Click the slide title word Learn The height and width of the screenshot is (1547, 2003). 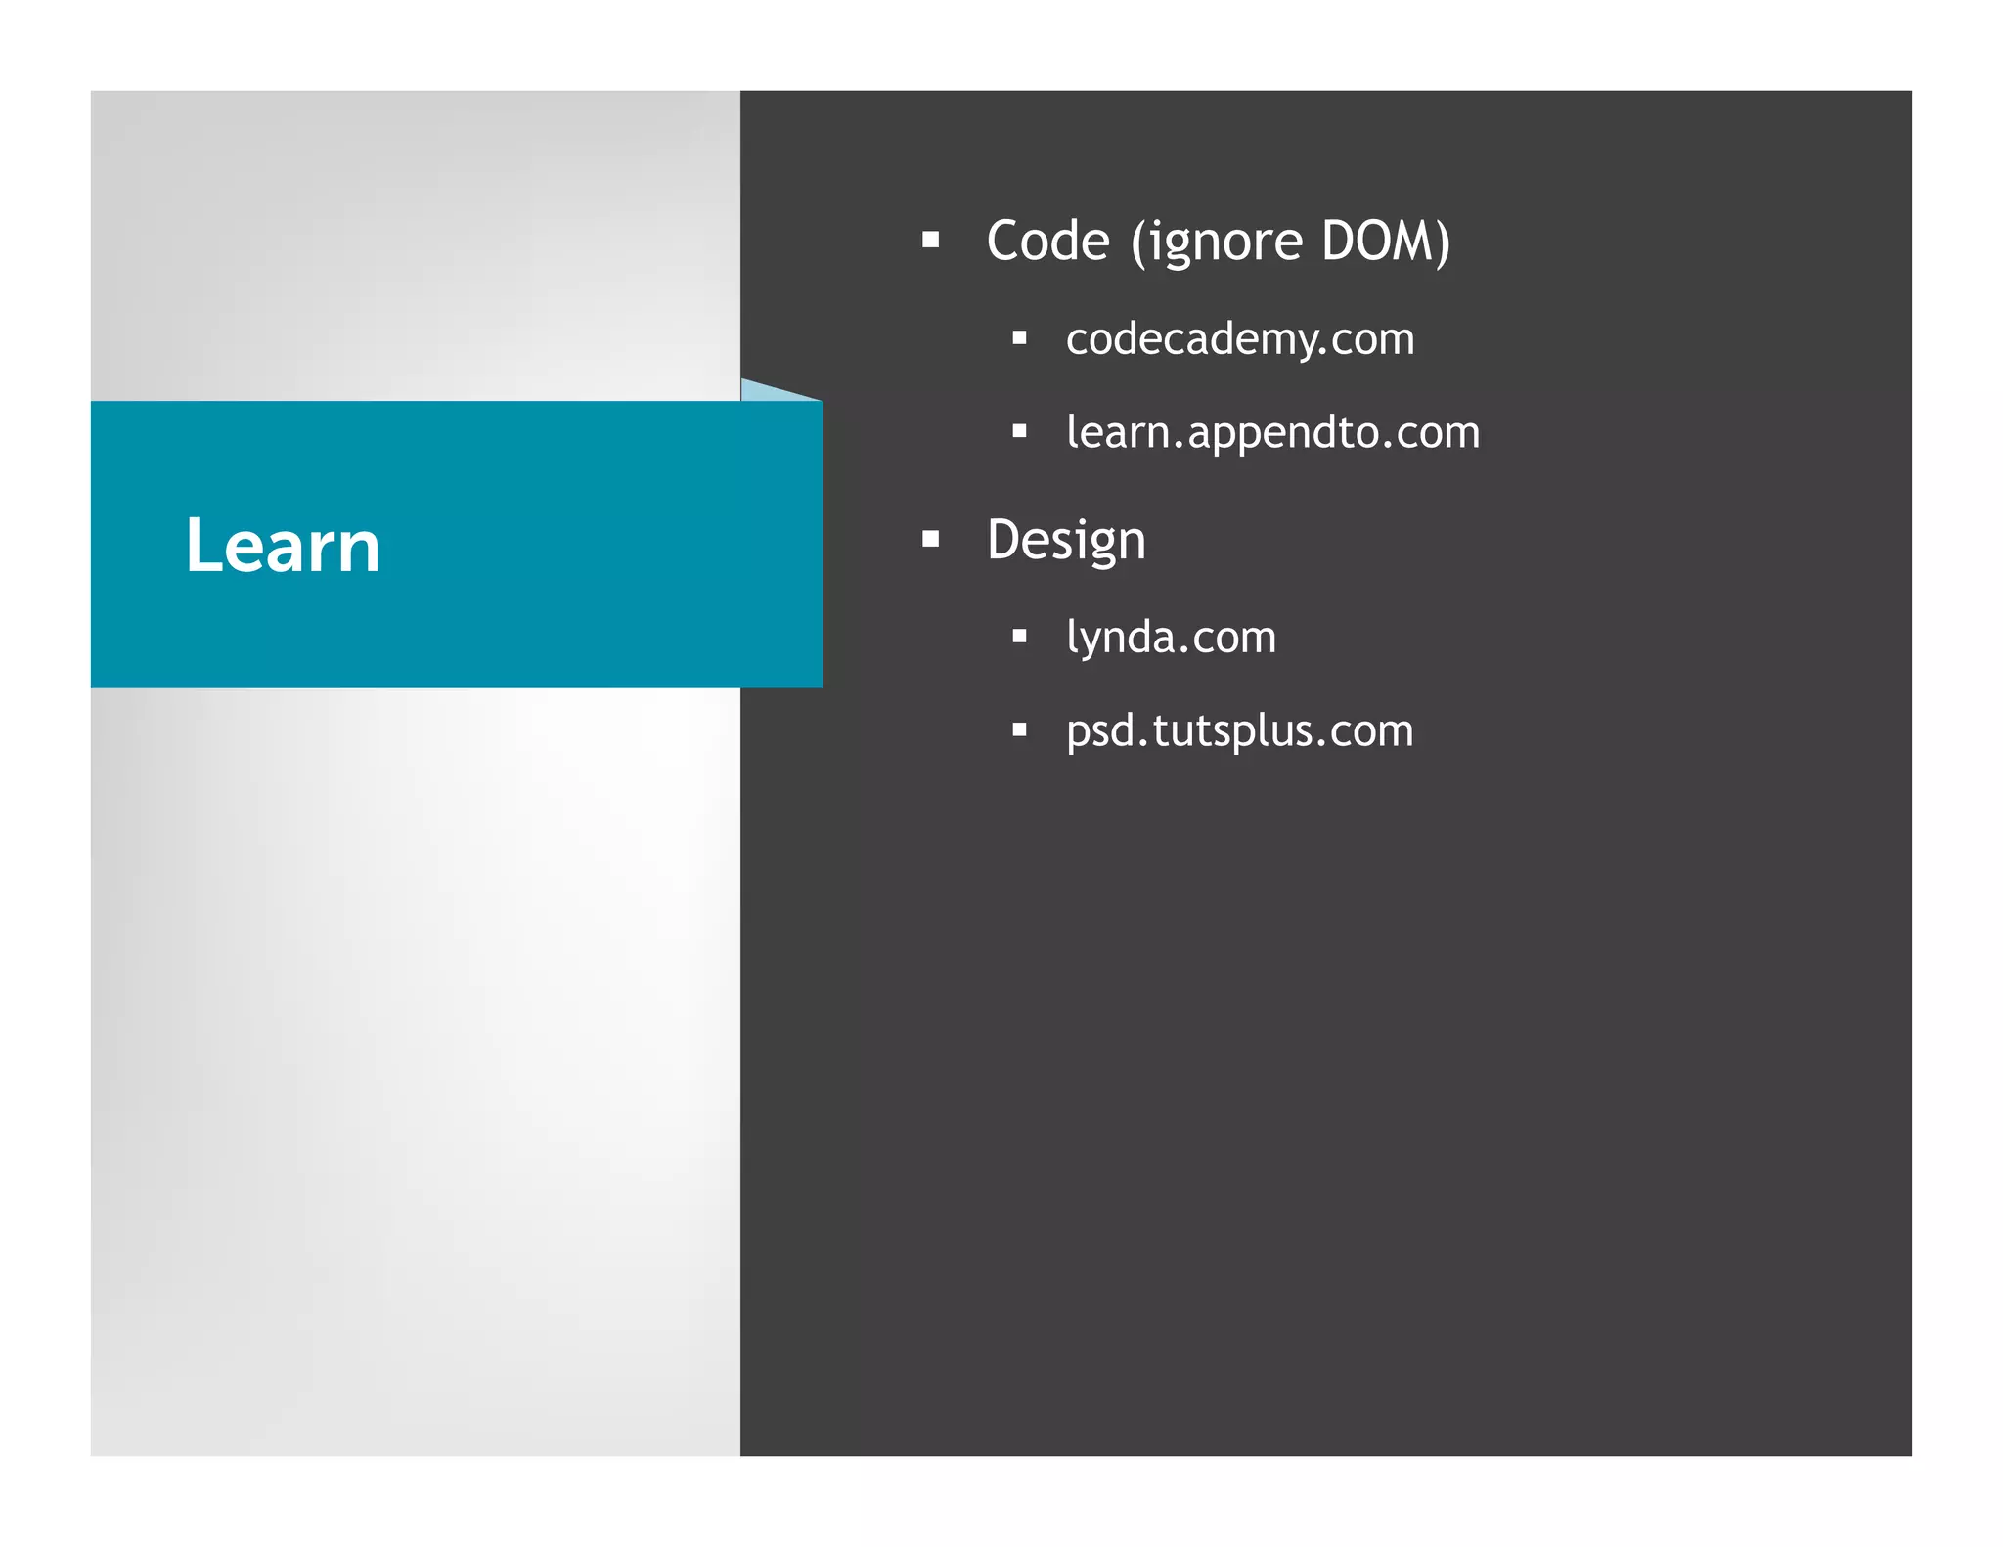click(283, 545)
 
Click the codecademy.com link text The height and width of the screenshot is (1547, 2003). click(1239, 339)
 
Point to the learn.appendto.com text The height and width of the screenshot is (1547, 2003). click(1272, 432)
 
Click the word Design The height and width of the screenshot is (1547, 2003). click(1065, 540)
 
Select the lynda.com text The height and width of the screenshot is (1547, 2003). click(1171, 638)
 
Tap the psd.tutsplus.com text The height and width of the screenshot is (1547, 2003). click(1239, 731)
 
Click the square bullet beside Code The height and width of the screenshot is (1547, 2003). click(930, 240)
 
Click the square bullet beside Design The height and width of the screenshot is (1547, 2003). click(930, 538)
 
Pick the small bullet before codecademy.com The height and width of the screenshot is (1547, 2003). click(1019, 338)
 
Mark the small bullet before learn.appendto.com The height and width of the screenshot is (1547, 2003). click(1019, 431)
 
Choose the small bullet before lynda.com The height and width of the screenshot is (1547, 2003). click(1019, 637)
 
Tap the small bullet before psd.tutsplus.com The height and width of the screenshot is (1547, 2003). click(1019, 729)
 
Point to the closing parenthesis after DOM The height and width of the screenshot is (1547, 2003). click(1442, 242)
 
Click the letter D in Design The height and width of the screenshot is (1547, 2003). click(1004, 539)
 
